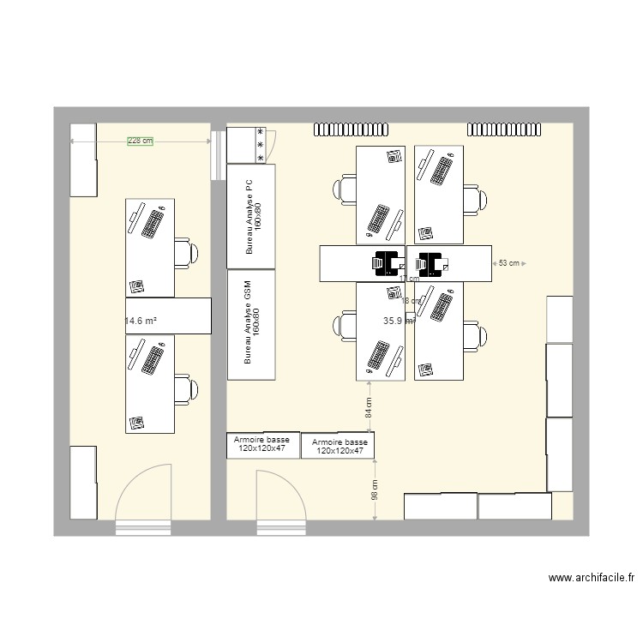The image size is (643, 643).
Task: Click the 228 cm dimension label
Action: point(140,141)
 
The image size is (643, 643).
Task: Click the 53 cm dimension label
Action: point(508,264)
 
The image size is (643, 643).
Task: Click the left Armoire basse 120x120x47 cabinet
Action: point(262,444)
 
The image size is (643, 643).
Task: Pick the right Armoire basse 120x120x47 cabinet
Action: point(338,446)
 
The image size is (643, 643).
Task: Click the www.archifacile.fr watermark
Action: point(591,579)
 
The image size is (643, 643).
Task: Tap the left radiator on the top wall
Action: point(352,129)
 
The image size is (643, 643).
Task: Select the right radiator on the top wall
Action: point(505,129)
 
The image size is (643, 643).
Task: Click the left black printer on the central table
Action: point(388,263)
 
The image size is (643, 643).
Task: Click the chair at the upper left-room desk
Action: point(185,252)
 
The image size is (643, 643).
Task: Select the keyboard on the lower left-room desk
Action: point(151,359)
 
